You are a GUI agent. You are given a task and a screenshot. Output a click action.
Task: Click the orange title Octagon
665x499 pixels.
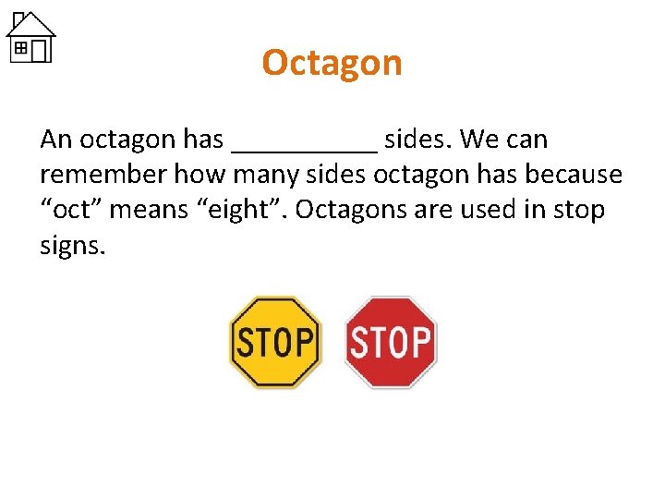[332, 63]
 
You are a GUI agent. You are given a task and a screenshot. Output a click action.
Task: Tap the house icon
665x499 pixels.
[30, 37]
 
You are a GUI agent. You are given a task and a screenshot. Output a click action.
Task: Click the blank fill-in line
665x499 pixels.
[305, 146]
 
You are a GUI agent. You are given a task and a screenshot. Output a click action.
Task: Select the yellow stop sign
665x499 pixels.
[274, 341]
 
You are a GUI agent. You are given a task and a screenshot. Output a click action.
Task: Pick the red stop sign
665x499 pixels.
[391, 342]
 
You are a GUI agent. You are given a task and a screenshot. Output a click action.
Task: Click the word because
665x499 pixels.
[578, 175]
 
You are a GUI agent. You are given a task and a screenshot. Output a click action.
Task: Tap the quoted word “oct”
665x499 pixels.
[75, 211]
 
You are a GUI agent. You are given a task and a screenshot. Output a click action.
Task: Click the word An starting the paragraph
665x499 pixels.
[55, 140]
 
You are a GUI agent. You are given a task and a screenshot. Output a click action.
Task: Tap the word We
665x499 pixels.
[479, 140]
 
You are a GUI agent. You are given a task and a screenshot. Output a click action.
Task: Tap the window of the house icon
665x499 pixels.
[20, 44]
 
